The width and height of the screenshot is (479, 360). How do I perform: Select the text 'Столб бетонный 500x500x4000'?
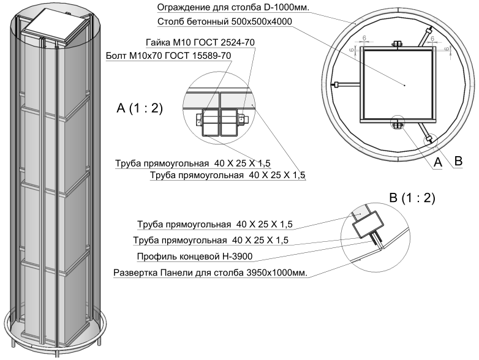[224, 21]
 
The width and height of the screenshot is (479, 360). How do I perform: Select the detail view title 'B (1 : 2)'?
[412, 198]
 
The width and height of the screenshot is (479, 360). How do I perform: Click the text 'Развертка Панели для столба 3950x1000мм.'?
[210, 272]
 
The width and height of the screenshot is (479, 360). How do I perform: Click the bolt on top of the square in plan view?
[396, 43]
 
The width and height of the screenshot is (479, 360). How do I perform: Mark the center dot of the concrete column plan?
[404, 84]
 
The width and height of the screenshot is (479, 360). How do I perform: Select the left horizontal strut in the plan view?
[347, 84]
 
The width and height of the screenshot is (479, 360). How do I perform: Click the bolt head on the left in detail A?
[199, 119]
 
